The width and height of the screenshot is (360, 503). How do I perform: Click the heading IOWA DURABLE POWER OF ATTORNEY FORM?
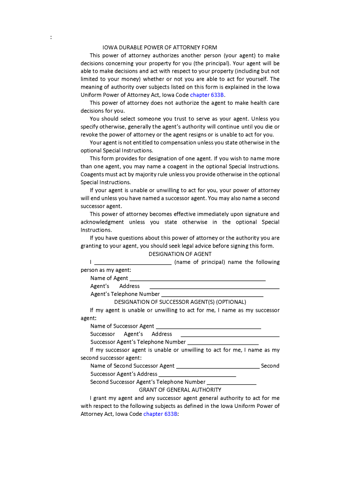point(159,47)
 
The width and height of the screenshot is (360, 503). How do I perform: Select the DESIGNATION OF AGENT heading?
point(180,254)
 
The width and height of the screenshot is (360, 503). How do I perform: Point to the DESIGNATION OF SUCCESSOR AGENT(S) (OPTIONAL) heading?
point(180,302)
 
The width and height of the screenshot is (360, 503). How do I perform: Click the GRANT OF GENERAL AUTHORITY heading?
point(180,390)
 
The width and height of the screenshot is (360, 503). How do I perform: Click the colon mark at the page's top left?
point(51,37)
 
